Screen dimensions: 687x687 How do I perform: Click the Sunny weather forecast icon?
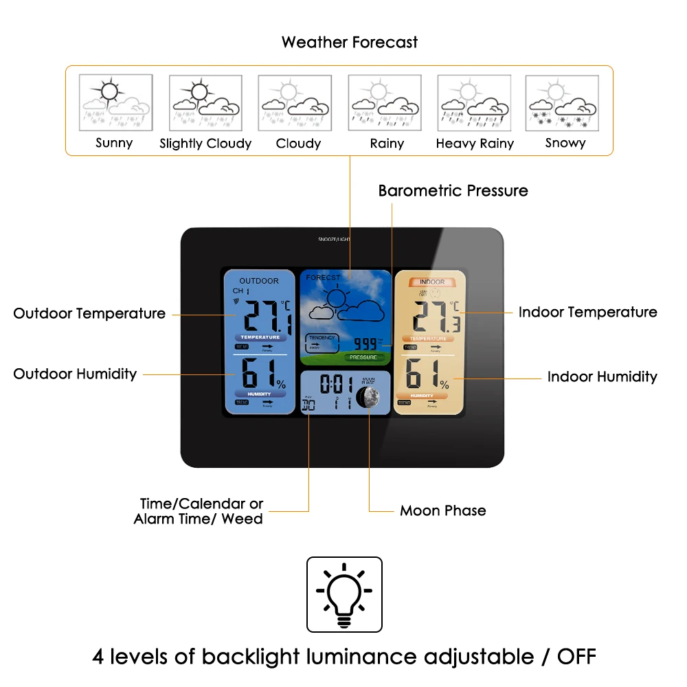pyautogui.click(x=114, y=103)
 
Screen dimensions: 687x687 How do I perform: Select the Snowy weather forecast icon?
pyautogui.click(x=562, y=103)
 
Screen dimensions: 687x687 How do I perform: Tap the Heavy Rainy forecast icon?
pyautogui.click(x=474, y=103)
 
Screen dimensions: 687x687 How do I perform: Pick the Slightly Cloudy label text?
pyautogui.click(x=205, y=144)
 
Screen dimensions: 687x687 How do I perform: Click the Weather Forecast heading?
pyautogui.click(x=349, y=43)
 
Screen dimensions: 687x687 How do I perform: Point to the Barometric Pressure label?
pyautogui.click(x=453, y=191)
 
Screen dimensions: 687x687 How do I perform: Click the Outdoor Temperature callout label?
pyautogui.click(x=89, y=314)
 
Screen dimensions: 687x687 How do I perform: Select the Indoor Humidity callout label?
pyautogui.click(x=602, y=377)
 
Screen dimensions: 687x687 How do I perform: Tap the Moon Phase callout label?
pyautogui.click(x=442, y=511)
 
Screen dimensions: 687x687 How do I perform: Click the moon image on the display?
pyautogui.click(x=367, y=397)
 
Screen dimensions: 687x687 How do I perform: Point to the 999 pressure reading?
pyautogui.click(x=365, y=343)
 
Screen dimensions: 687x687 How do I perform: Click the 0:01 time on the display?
pyautogui.click(x=335, y=384)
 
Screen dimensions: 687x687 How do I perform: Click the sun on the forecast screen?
pyautogui.click(x=336, y=298)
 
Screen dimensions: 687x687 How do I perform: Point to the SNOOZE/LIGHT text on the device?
pyautogui.click(x=334, y=239)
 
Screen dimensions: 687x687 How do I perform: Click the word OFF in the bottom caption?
pyautogui.click(x=576, y=657)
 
